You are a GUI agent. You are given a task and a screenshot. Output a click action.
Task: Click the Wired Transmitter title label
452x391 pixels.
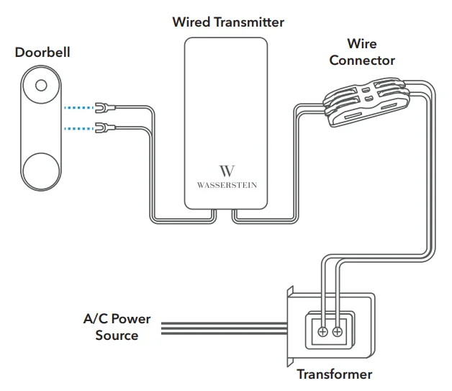227,22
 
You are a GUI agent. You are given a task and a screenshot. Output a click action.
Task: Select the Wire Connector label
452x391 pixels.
362,53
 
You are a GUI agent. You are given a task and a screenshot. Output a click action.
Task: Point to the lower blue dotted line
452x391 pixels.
78,129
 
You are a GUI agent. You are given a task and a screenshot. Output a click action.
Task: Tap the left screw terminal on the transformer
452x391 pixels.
323,332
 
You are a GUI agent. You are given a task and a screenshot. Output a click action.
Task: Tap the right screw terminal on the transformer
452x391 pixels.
338,332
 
